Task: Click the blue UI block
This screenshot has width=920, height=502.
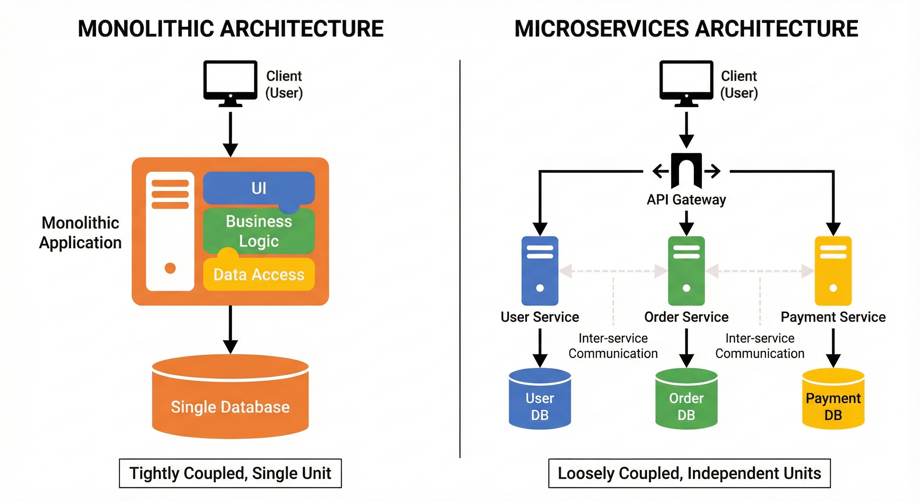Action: pos(258,188)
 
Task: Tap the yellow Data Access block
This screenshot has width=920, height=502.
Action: pos(258,275)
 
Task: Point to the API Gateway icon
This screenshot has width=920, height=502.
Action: pos(686,171)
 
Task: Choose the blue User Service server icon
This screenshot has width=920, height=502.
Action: pos(540,271)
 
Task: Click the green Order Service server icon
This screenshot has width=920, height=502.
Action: pos(686,271)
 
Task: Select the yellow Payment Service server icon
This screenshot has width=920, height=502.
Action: pos(833,271)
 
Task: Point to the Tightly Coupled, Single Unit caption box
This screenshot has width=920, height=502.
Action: pos(230,473)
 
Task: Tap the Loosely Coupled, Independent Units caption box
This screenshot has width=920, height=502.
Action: pos(689,473)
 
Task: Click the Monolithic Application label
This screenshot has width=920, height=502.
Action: pos(80,233)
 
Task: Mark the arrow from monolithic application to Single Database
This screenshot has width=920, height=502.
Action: pos(230,329)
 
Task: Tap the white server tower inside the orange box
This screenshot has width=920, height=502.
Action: pos(170,231)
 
